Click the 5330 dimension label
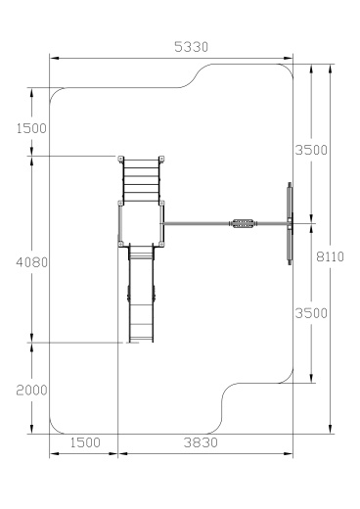[x=191, y=47]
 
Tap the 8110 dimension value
[x=330, y=256]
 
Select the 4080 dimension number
[x=31, y=262]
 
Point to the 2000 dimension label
[x=31, y=390]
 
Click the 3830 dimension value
[x=201, y=442]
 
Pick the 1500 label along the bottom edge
[x=85, y=442]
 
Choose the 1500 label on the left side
[x=31, y=128]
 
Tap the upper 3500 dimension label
[x=311, y=150]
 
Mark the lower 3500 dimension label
[x=311, y=313]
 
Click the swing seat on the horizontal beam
[x=243, y=223]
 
